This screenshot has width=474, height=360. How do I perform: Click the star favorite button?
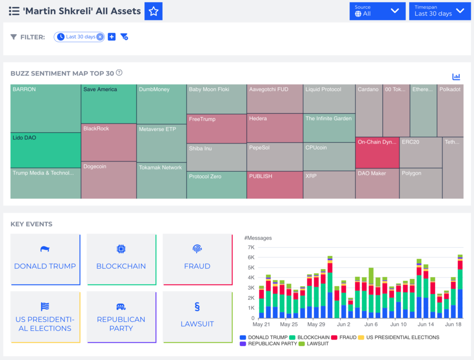pos(154,11)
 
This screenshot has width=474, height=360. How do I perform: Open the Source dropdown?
pos(377,11)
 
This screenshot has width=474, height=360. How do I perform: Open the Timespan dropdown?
pos(439,11)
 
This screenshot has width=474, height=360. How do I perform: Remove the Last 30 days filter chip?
pos(100,37)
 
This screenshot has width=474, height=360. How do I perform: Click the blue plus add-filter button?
pos(112,37)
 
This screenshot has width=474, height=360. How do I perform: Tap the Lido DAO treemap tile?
pos(45,150)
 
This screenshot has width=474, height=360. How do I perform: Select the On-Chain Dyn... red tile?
pos(377,152)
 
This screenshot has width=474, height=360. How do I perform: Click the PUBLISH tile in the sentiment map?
pos(274,185)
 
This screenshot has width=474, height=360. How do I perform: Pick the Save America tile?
pos(108,104)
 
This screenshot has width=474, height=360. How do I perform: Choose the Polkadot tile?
pos(450,110)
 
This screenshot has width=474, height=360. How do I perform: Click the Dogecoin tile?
pos(108,180)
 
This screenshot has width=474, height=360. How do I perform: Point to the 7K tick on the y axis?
pos(251,247)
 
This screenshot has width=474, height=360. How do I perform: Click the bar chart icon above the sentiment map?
pos(456,76)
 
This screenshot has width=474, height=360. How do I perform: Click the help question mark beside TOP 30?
pos(119,73)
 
